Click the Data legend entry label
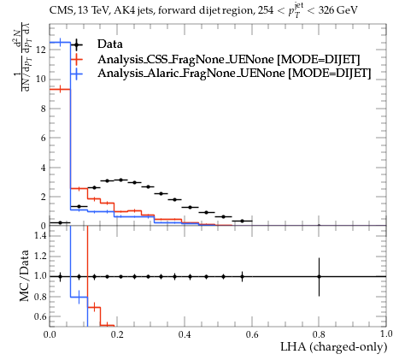point(110,44)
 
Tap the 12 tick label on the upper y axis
point(40,50)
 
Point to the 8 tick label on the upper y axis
point(43,109)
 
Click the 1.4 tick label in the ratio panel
point(40,235)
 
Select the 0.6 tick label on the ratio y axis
point(40,316)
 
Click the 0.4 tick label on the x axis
point(185,334)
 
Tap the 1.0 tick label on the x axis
point(386,333)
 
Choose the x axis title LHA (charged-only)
point(334,347)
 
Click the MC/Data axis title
point(25,275)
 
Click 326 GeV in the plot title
point(337,11)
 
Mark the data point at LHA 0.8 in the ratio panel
point(319,276)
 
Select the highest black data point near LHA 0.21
point(120,180)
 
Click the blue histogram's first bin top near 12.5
point(60,43)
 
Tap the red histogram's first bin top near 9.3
point(60,90)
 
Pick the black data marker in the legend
point(76,44)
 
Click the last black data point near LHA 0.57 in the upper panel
point(242,221)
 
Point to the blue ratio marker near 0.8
point(79,297)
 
